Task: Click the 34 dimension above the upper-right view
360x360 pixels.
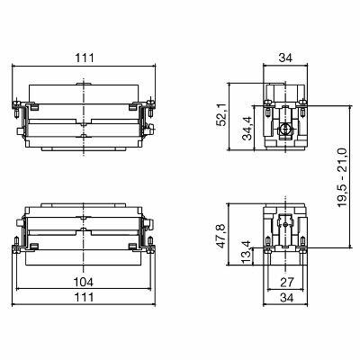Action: point(284,58)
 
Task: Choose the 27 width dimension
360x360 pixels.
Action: point(284,282)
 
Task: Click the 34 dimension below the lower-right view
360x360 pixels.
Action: point(284,298)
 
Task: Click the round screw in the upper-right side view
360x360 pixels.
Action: point(284,130)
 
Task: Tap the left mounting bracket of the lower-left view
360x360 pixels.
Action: point(17,238)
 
